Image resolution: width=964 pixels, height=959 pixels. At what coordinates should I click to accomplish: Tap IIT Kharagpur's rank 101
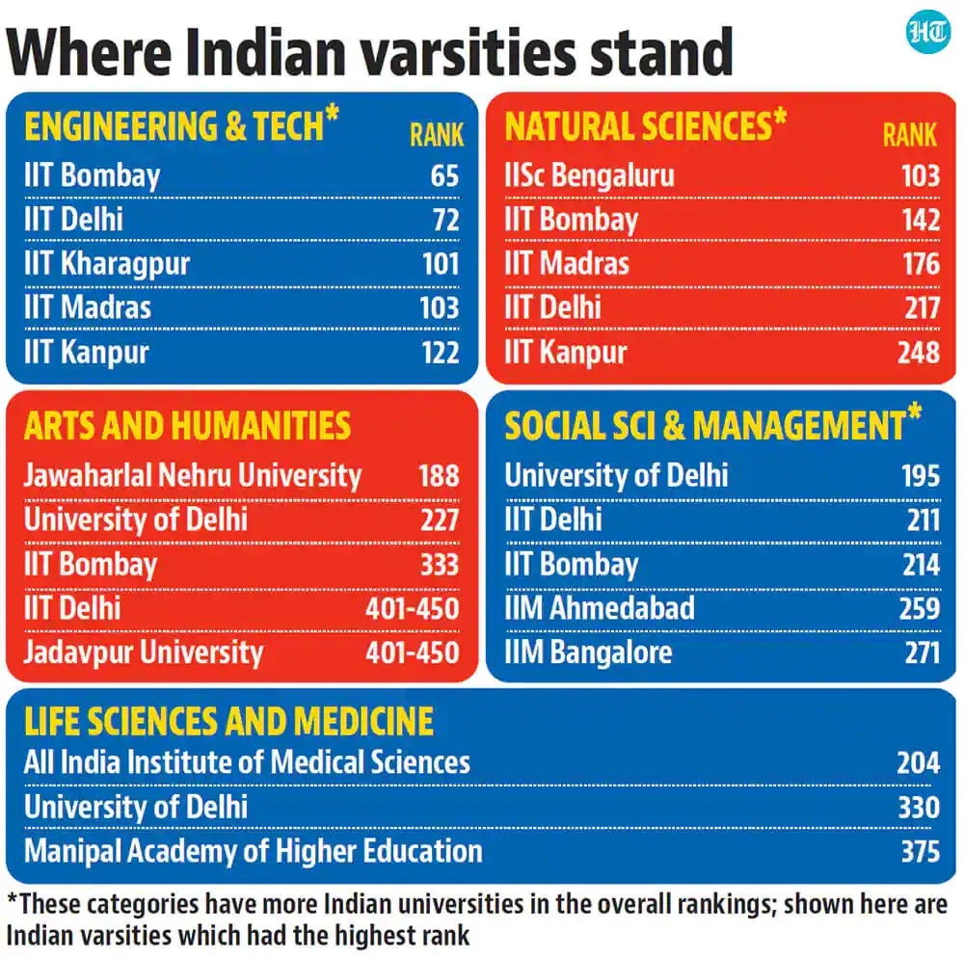[441, 263]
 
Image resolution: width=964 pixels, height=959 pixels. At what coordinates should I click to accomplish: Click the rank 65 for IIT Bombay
[445, 175]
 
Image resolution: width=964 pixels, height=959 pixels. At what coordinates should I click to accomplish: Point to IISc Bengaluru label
[589, 175]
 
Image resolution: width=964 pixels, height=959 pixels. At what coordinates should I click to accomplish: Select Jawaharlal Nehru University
[193, 474]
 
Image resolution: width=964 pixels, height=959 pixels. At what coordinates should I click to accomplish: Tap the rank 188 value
[439, 474]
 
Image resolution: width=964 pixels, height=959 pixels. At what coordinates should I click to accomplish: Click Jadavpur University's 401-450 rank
[412, 652]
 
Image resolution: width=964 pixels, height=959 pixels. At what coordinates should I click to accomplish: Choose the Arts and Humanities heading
[187, 425]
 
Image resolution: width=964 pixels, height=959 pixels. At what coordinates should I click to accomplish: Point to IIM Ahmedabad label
[599, 608]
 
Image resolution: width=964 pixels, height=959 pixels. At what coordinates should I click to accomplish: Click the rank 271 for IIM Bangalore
[921, 653]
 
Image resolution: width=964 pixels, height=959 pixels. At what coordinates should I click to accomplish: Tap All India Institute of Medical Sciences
[247, 762]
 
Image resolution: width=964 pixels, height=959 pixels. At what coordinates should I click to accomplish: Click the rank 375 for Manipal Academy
[918, 851]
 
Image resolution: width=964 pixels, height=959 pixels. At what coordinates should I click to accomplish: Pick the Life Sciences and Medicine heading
[228, 721]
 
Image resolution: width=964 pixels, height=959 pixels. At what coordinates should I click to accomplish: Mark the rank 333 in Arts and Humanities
[439, 564]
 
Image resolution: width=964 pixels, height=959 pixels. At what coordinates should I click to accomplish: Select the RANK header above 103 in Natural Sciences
[909, 135]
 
